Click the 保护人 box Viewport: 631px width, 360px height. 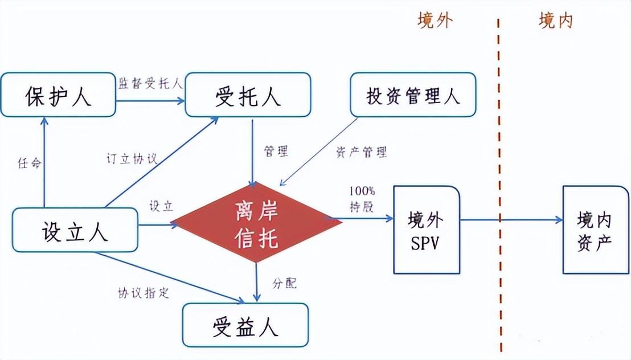tap(58, 95)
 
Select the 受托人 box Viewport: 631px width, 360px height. tap(248, 95)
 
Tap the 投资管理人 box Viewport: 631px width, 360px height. tap(413, 95)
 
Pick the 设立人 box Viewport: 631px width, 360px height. tap(75, 230)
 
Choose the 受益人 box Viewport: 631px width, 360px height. tap(245, 325)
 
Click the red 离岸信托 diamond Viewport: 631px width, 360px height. tap(257, 222)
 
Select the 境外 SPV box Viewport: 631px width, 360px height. tap(427, 230)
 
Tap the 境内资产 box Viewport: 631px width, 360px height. tap(596, 230)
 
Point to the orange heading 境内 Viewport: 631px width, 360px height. tap(556, 20)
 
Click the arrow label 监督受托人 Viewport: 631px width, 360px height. tap(150, 83)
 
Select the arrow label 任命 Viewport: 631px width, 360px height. tap(30, 163)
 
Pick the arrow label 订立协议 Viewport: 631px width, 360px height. tap(132, 159)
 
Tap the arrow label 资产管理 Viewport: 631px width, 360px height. tap(362, 152)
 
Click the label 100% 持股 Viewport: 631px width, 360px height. tap(362, 199)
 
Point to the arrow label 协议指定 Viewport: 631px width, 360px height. tap(144, 293)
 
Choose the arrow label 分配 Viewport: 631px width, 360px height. tap(285, 283)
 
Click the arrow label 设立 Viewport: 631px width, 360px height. tap(161, 206)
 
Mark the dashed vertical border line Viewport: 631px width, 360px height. tap(499, 185)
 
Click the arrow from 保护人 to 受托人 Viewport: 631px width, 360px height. tap(150, 100)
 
